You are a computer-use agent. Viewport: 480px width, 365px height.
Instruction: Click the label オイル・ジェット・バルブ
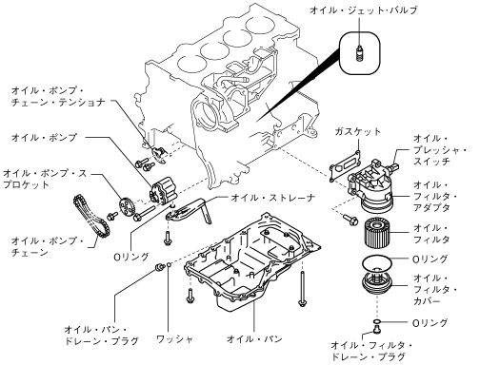click(x=363, y=10)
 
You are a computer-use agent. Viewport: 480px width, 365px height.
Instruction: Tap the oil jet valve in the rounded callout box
click(x=359, y=53)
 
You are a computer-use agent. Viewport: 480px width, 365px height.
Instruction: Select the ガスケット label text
click(x=357, y=131)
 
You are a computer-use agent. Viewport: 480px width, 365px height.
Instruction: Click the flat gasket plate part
click(x=345, y=166)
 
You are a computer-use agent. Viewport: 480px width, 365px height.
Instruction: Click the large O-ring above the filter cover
click(x=376, y=263)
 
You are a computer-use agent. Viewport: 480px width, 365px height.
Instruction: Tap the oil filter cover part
click(x=377, y=283)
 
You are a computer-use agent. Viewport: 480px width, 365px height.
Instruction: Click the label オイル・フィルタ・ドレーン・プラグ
click(x=371, y=351)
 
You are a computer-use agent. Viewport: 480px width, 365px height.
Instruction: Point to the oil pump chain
click(x=91, y=218)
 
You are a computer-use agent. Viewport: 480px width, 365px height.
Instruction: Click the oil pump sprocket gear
click(x=128, y=207)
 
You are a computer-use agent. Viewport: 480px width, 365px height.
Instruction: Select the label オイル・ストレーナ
click(x=273, y=198)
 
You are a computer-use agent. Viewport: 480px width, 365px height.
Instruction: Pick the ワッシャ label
click(x=174, y=339)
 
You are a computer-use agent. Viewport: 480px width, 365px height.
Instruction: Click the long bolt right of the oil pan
click(x=302, y=289)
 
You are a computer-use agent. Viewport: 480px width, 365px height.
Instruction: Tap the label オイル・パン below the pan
click(x=254, y=339)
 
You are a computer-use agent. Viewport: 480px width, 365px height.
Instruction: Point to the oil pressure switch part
click(x=393, y=165)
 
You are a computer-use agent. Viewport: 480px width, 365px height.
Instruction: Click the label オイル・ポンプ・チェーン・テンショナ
click(x=58, y=96)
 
